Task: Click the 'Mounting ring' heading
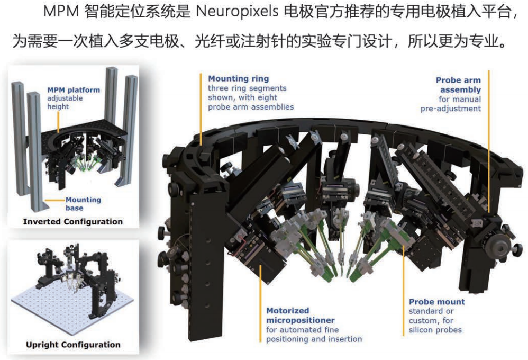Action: (x=239, y=78)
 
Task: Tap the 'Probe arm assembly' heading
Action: (x=458, y=85)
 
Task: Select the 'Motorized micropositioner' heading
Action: (x=301, y=316)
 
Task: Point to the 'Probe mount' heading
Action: (x=437, y=302)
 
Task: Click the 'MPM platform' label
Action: (x=74, y=90)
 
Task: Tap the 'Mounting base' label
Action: (x=83, y=204)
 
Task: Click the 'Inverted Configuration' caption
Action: (x=72, y=221)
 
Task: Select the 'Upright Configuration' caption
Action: (x=73, y=345)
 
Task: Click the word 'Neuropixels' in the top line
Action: (x=237, y=12)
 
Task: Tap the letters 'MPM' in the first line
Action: (x=61, y=12)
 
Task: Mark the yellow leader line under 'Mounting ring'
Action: (x=201, y=109)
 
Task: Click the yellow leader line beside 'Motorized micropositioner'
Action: (x=260, y=304)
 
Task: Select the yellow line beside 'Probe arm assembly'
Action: (x=489, y=141)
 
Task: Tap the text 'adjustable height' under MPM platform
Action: (x=65, y=103)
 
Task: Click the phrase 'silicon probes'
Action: (x=435, y=330)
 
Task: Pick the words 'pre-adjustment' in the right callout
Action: (x=451, y=109)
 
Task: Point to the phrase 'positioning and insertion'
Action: (x=314, y=339)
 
